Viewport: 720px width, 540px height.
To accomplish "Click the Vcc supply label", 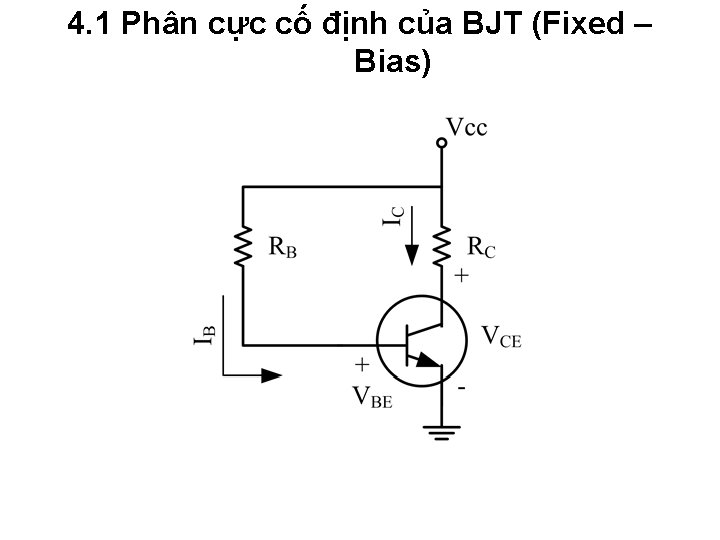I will (466, 127).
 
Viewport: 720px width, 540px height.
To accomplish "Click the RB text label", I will (283, 248).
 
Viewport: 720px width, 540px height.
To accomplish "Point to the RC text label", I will (482, 247).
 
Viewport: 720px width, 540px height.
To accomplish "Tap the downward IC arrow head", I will (413, 258).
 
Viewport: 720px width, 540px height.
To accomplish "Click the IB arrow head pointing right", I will (270, 376).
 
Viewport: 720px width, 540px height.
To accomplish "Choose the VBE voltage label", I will (372, 396).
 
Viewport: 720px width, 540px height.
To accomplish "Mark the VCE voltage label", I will (501, 335).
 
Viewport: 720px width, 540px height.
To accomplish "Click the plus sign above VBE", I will (362, 366).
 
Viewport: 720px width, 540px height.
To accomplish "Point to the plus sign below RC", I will (462, 275).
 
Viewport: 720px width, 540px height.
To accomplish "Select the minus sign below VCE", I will (462, 387).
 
